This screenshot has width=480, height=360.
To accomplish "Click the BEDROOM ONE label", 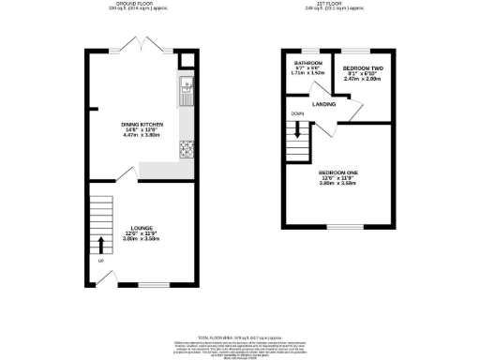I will tap(337, 173).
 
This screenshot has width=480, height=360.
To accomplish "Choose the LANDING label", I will tap(324, 104).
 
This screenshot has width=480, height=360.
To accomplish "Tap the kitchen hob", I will tap(186, 147).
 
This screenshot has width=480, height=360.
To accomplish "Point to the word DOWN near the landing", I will tap(297, 114).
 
